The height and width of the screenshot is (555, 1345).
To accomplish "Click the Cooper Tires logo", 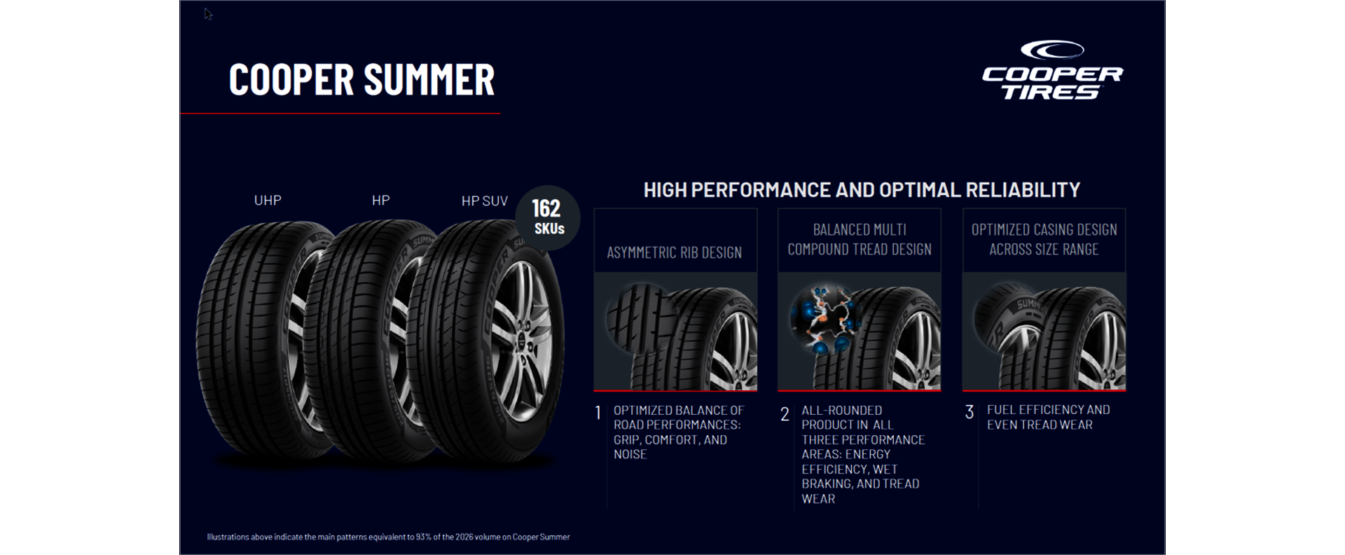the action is tap(1052, 70).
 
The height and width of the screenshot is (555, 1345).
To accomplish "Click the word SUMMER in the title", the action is tap(429, 79).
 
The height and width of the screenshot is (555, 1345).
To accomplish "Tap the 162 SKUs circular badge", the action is tap(548, 218).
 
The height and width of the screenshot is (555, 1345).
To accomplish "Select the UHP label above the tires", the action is tap(268, 200).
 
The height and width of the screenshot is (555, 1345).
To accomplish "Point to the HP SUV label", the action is tap(485, 201).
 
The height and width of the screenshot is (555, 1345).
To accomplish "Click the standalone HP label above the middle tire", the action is tap(381, 200).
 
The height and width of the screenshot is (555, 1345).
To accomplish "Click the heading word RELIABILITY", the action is tap(1023, 190).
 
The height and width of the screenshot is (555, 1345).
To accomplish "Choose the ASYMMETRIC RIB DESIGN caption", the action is tap(674, 252).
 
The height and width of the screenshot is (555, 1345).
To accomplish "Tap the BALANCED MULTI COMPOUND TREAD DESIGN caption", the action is tap(860, 240).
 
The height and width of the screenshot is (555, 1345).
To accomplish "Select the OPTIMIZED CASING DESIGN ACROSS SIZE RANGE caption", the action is tap(1044, 240).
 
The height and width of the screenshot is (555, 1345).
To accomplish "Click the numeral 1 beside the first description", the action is tap(598, 413).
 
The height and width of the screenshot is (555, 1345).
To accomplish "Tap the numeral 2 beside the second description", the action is tap(785, 414).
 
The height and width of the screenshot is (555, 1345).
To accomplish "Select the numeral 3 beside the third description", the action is tap(970, 412).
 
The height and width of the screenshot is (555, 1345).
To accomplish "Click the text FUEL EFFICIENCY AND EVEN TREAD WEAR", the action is tap(1048, 417).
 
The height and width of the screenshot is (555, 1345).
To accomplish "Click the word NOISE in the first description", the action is tap(630, 454).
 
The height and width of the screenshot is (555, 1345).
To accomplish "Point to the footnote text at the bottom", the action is tap(388, 537).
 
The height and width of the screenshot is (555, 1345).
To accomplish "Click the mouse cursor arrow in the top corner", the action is tap(208, 14).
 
